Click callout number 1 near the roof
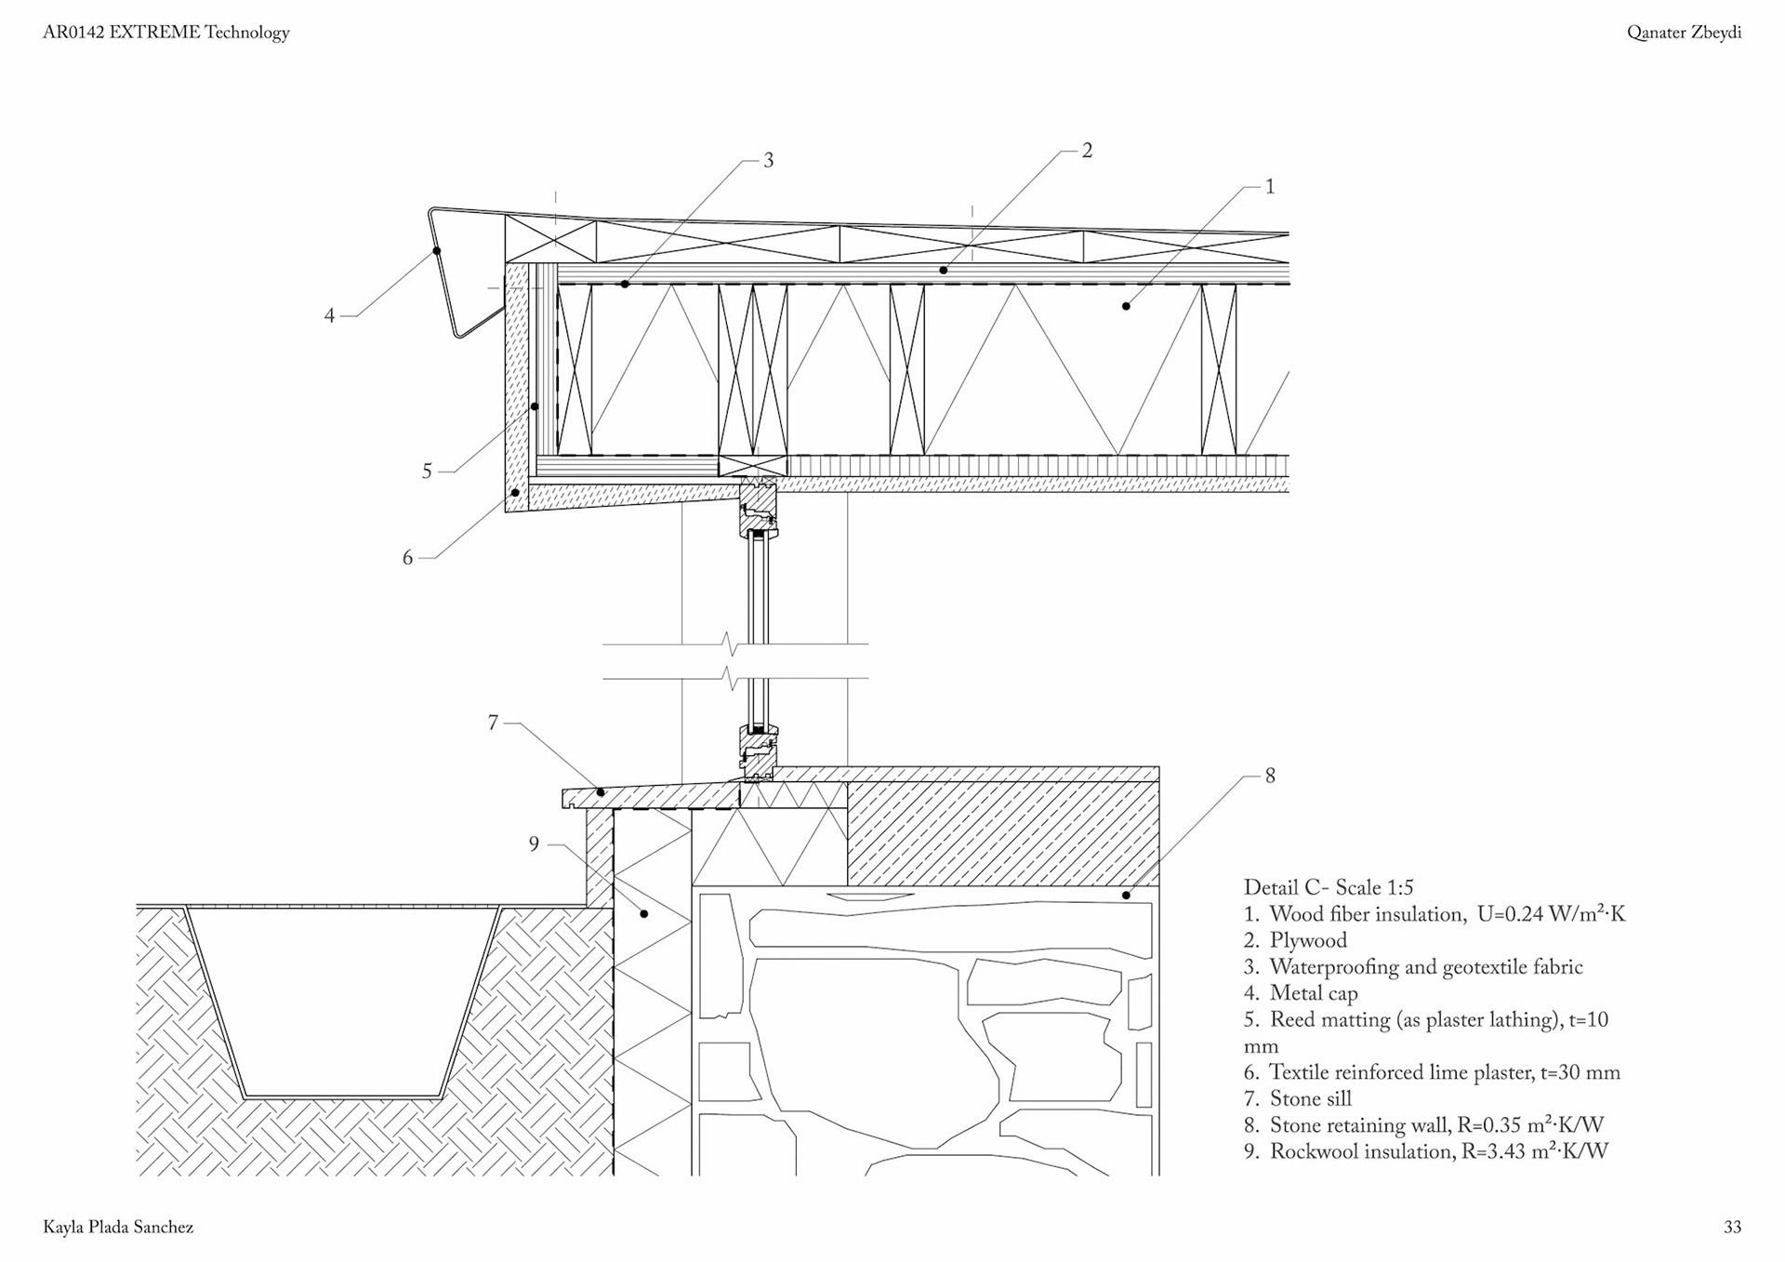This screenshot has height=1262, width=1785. pos(1270,187)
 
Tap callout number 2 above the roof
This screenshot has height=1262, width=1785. pos(1087,151)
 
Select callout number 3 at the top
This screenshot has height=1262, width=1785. pos(768,161)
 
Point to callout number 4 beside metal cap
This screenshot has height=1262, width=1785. pos(329,316)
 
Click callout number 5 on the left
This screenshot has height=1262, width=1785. pos(427,472)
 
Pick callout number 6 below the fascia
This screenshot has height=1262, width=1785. pos(407,558)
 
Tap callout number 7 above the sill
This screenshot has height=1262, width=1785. pos(493,723)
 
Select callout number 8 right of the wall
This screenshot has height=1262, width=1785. pos(1270,776)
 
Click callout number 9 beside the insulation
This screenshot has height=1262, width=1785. pos(534,844)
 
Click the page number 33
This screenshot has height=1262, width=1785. pos(1732,1228)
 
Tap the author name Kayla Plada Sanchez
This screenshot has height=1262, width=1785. pos(118,1228)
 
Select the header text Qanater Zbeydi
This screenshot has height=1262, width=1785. pos(1684,33)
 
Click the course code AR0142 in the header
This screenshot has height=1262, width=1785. pos(74,33)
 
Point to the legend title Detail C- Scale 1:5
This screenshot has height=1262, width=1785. pos(1329,887)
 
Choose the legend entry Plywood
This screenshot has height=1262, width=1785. pos(1308,940)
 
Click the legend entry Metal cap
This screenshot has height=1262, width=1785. pos(1314,993)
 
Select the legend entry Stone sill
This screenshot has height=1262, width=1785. pos(1311,1099)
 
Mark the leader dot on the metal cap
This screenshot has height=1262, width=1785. pos(437,251)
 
